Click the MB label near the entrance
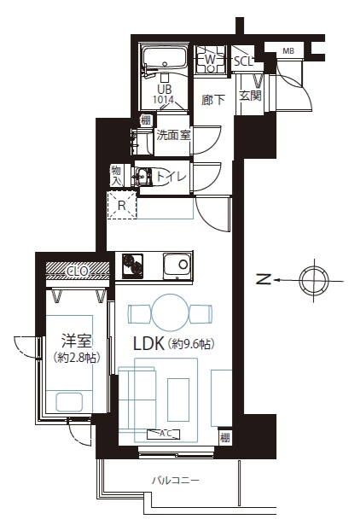pyautogui.click(x=288, y=51)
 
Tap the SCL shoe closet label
pyautogui.click(x=243, y=61)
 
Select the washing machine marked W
pyautogui.click(x=210, y=59)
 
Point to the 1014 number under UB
pyautogui.click(x=164, y=100)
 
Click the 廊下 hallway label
pyautogui.click(x=213, y=100)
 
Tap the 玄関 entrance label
pyautogui.click(x=250, y=96)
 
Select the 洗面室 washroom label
pyautogui.click(x=173, y=135)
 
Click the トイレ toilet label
pyautogui.click(x=171, y=176)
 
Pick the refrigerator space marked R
pyautogui.click(x=122, y=205)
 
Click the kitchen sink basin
pyautogui.click(x=177, y=265)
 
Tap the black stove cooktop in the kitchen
pyautogui.click(x=132, y=265)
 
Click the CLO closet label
pyautogui.click(x=78, y=271)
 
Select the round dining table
pyautogui.click(x=170, y=312)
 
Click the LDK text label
pyautogui.click(x=149, y=344)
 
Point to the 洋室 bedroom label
pyautogui.click(x=77, y=341)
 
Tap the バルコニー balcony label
pyautogui.click(x=176, y=480)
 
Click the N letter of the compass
pyautogui.click(x=264, y=280)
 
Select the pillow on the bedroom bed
pyautogui.click(x=69, y=402)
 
